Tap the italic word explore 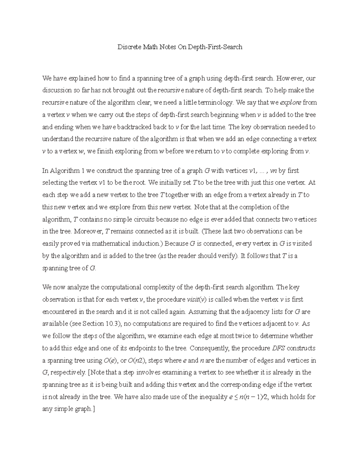(291, 103)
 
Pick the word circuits (144, 219)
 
